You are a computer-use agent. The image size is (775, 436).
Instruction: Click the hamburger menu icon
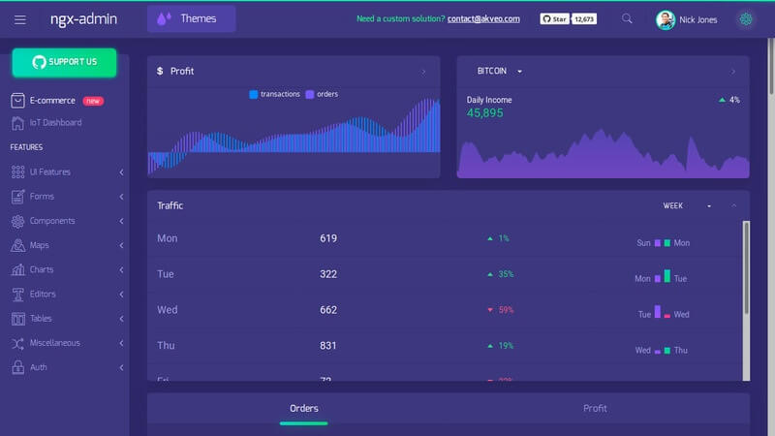(20, 19)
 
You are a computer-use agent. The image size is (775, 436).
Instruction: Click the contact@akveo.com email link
(483, 18)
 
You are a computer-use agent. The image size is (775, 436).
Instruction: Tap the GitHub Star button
(554, 18)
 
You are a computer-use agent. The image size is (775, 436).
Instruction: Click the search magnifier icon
(627, 18)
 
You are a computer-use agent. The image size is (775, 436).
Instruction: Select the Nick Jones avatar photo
(665, 19)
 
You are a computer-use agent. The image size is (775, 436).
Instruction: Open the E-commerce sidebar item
(52, 100)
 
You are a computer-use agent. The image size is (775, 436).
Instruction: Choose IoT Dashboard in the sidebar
(55, 123)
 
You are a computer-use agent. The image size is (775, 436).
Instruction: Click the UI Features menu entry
(50, 172)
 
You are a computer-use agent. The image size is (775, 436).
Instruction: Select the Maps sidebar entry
(39, 245)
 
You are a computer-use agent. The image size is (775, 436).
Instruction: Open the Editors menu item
(43, 295)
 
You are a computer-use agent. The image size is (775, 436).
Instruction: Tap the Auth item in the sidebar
(38, 367)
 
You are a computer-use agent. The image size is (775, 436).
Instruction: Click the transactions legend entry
(275, 94)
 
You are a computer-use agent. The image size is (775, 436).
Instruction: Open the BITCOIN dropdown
(500, 72)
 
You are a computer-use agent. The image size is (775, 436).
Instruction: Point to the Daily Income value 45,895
(485, 113)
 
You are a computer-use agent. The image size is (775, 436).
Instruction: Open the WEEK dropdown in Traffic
(687, 205)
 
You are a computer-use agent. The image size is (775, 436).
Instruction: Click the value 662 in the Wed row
(328, 310)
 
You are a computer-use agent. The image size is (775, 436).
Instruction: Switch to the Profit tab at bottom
(595, 409)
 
